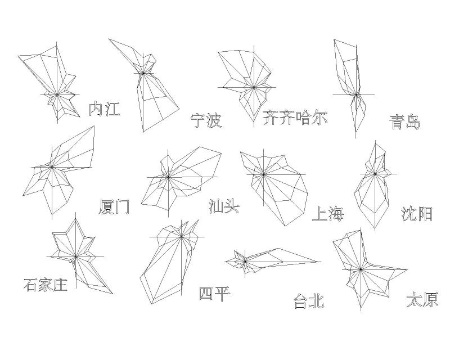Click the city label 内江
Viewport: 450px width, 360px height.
click(104, 109)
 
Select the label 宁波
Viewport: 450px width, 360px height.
click(206, 120)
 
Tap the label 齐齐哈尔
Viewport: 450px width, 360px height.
click(295, 118)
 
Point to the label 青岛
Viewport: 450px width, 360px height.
click(405, 122)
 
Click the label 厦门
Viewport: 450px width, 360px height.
click(114, 207)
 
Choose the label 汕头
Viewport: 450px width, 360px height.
click(224, 206)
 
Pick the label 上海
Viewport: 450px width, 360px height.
click(327, 214)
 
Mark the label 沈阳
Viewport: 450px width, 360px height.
click(417, 213)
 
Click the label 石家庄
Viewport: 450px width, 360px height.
click(46, 285)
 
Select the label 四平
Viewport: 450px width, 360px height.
click(215, 293)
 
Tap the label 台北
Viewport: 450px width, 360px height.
click(309, 301)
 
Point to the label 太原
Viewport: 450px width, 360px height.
click(422, 299)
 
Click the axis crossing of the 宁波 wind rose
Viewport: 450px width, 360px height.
click(143, 73)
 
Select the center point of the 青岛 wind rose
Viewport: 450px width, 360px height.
click(355, 94)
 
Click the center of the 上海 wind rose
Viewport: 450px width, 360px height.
click(264, 174)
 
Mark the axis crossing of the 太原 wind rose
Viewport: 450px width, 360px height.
click(361, 270)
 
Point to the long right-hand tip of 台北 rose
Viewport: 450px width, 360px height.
click(319, 262)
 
